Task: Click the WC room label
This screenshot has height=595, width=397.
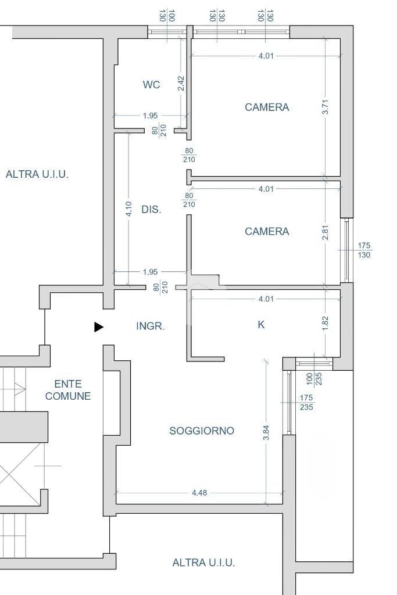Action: (151, 85)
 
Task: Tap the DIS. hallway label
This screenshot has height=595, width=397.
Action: (151, 210)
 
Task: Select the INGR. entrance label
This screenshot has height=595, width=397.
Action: (150, 327)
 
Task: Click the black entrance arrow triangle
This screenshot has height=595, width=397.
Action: (98, 327)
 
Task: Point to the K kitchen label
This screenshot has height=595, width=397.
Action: (261, 325)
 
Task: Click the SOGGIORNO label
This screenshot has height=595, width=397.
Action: (202, 431)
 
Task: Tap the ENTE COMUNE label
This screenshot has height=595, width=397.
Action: (68, 390)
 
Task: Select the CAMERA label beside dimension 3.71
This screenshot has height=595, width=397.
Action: (267, 107)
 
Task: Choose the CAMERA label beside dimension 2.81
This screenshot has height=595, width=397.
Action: (267, 231)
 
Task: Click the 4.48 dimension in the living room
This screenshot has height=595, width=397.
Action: (199, 493)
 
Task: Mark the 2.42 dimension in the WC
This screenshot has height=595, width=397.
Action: (181, 84)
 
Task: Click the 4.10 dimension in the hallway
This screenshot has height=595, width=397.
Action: (128, 210)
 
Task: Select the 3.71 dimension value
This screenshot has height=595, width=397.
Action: (326, 107)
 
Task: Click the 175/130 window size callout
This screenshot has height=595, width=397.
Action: (364, 250)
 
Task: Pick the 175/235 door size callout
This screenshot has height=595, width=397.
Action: (306, 402)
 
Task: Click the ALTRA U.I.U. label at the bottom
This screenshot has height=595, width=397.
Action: (203, 562)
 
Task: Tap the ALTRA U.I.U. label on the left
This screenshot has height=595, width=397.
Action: (37, 174)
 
